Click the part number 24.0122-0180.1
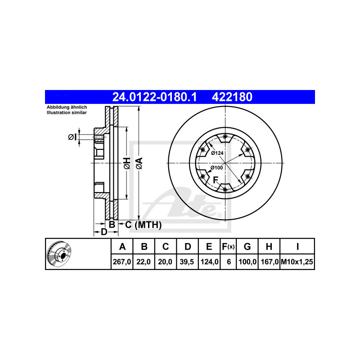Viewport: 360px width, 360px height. click(154, 97)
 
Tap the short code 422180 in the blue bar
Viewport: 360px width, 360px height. click(232, 97)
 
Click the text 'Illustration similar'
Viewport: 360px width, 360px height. click(67, 113)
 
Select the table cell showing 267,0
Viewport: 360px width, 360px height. click(122, 262)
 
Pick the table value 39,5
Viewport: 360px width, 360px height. click(187, 262)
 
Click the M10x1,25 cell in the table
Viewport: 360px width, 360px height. click(297, 262)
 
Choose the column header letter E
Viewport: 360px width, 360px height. click(209, 247)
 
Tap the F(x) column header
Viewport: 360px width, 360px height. click(228, 247)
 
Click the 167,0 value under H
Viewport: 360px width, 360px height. click(269, 262)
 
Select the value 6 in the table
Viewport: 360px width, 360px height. click(229, 262)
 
